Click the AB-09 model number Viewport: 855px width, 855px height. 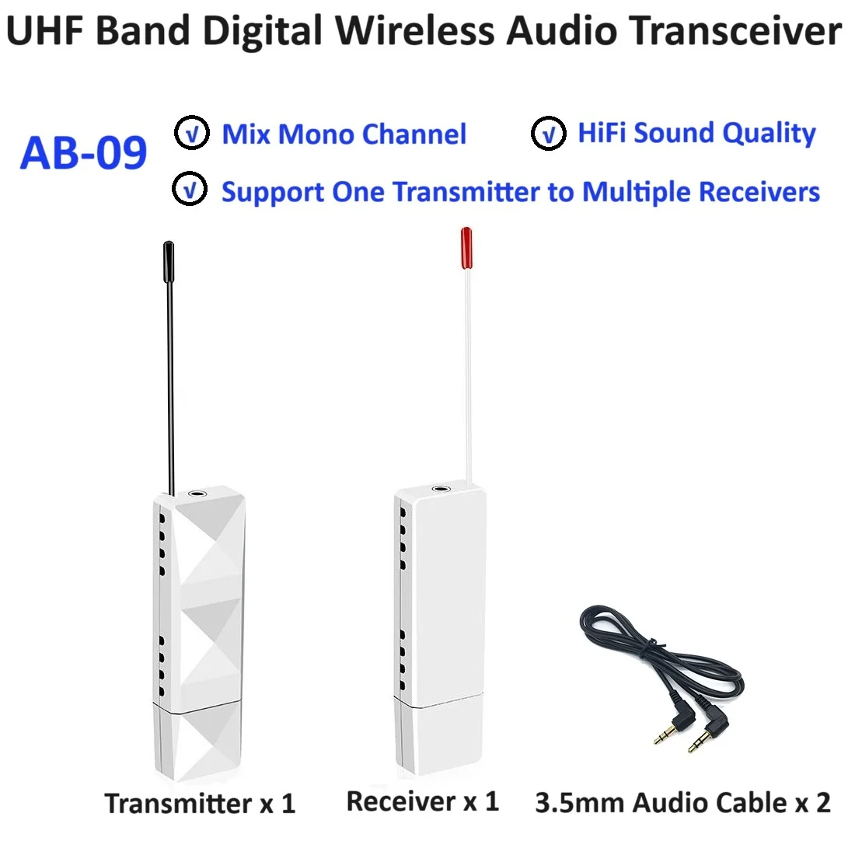(83, 152)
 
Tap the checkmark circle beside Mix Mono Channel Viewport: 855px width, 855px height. (191, 134)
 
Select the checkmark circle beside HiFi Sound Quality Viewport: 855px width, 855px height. (548, 134)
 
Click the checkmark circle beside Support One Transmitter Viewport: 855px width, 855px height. (191, 190)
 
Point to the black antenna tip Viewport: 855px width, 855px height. (168, 257)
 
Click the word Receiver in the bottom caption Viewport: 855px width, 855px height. (400, 801)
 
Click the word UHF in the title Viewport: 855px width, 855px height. (47, 31)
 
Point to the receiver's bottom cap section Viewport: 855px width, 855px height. (440, 738)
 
